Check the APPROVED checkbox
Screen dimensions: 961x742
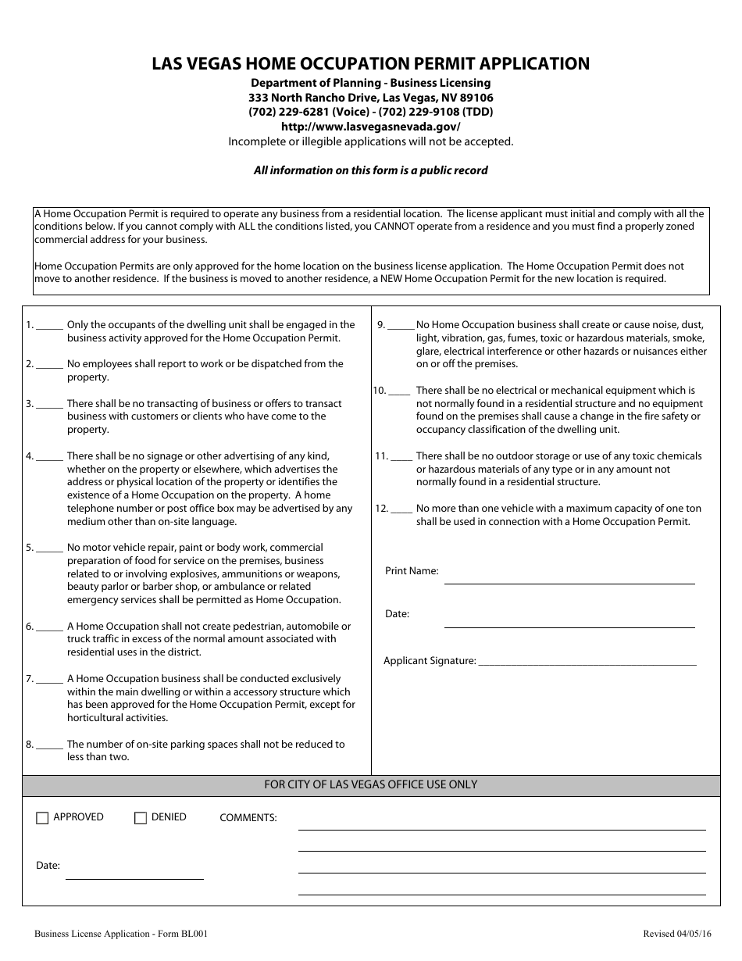[x=42, y=818]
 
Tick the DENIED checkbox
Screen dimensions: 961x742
[x=141, y=818]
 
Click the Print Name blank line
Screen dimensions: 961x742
[x=569, y=578]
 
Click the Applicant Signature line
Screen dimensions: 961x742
[x=587, y=661]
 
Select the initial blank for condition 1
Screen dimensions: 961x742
[x=49, y=326]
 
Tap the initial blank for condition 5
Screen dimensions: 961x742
[x=49, y=548]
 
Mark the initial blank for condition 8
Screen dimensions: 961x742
[x=49, y=745]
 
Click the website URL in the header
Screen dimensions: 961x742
[x=370, y=127]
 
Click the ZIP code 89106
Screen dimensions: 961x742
[x=476, y=98]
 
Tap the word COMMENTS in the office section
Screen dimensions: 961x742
[x=248, y=818]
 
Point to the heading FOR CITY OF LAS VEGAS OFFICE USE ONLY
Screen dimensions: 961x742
[x=371, y=784]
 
